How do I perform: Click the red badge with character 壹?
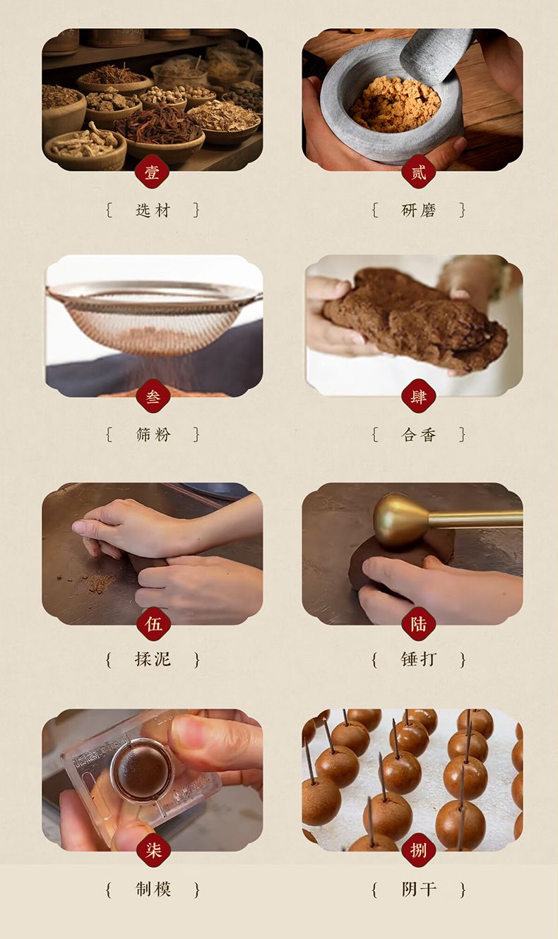pyautogui.click(x=153, y=172)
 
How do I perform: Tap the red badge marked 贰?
pyautogui.click(x=418, y=172)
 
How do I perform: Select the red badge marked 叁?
pyautogui.click(x=153, y=397)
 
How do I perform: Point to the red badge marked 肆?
pyautogui.click(x=418, y=397)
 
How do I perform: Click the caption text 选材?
pyautogui.click(x=153, y=210)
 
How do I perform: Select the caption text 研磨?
pyautogui.click(x=418, y=210)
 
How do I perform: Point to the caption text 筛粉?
pyautogui.click(x=153, y=434)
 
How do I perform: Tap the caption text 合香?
pyautogui.click(x=418, y=434)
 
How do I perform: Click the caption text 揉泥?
pyautogui.click(x=153, y=659)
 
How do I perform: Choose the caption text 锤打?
pyautogui.click(x=418, y=659)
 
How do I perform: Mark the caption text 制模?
pyautogui.click(x=153, y=889)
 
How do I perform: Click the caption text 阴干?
pyautogui.click(x=418, y=889)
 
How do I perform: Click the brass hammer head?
pyautogui.click(x=400, y=521)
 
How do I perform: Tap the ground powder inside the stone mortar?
pyautogui.click(x=395, y=104)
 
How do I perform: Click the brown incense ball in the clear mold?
pyautogui.click(x=140, y=772)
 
